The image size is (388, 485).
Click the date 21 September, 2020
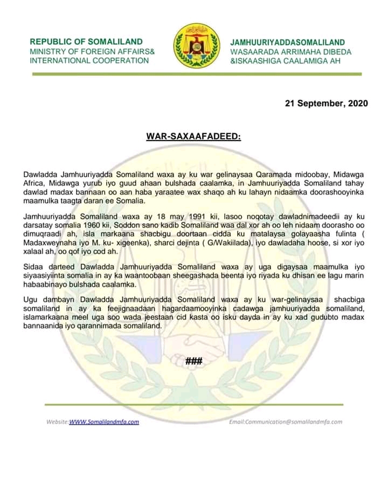[326, 103]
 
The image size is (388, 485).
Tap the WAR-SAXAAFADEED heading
[193, 137]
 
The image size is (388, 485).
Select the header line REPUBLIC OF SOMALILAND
[86, 41]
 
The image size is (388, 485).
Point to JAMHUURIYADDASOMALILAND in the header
[288, 42]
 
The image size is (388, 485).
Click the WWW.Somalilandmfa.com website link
[104, 421]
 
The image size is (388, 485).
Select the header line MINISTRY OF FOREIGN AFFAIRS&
[92, 51]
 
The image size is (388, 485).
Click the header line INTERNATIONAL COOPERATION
[89, 60]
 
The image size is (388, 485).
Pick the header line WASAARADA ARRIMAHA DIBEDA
[291, 52]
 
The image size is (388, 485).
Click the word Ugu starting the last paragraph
[31, 299]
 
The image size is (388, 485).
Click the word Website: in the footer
[57, 421]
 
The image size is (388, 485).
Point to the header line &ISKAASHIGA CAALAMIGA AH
[285, 61]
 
